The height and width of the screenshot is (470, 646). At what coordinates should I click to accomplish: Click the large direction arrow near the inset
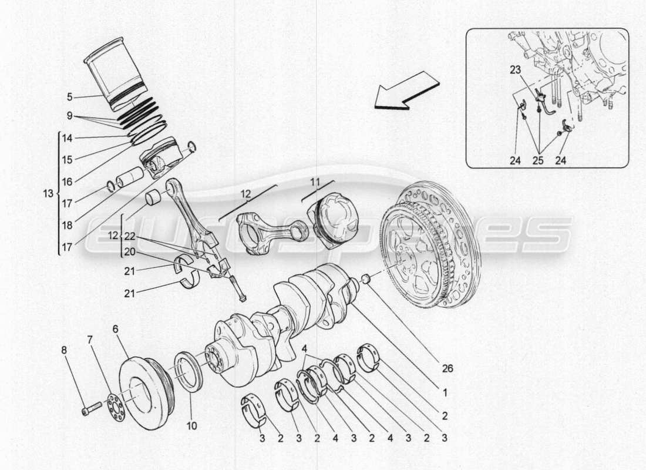[407, 92]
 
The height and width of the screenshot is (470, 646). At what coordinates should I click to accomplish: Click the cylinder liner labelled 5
[114, 74]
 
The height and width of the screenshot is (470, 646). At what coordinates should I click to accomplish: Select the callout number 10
[193, 425]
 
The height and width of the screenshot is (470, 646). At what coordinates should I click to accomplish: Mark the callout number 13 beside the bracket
[48, 193]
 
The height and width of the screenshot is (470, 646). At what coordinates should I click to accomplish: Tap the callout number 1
[445, 392]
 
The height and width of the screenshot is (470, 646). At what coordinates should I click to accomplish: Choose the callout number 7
[89, 340]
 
